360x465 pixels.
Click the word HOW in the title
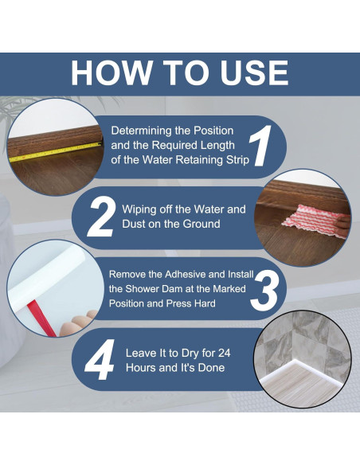point(111,72)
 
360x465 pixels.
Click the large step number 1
point(260,146)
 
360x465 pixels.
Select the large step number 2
point(101,217)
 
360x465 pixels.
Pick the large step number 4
point(100,359)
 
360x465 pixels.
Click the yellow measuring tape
point(55,152)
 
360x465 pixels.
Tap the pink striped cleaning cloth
point(312,221)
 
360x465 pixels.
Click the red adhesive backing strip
point(42,318)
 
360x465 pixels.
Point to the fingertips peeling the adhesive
point(78,322)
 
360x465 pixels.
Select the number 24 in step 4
point(224,353)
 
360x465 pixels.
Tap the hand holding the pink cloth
point(344,225)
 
